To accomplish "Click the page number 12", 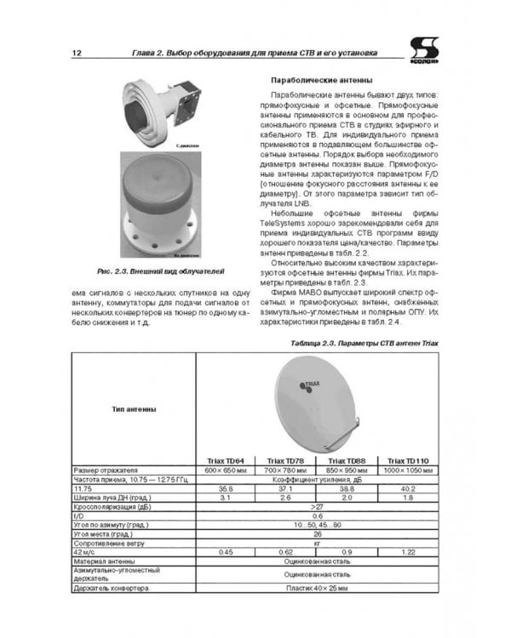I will (x=77, y=54).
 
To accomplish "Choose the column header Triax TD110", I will (x=408, y=459).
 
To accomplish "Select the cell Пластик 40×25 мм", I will (x=317, y=588).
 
